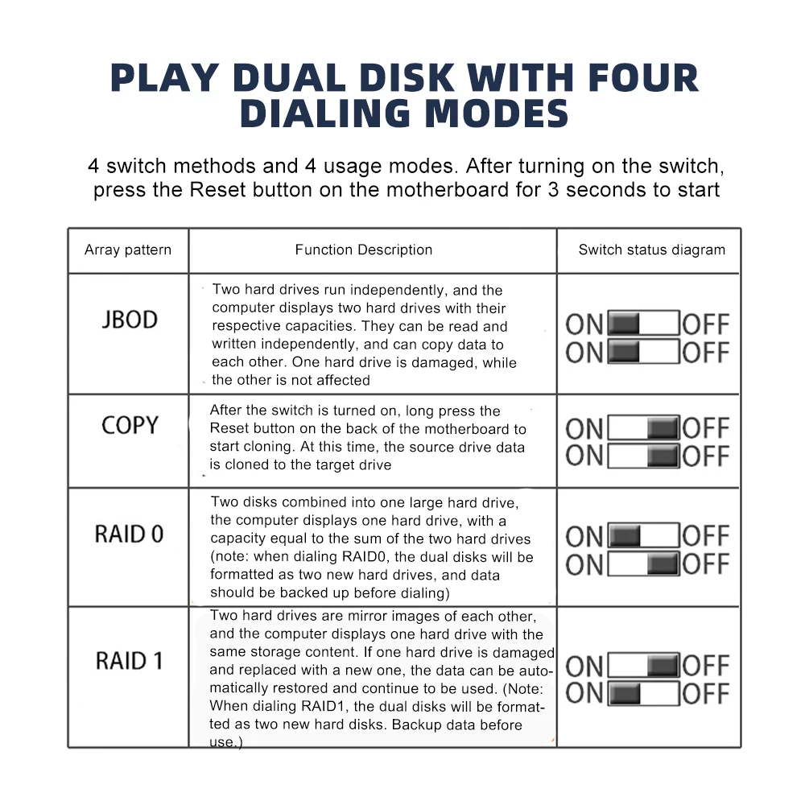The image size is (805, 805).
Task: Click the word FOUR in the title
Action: (x=643, y=78)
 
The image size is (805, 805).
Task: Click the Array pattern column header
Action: (x=128, y=250)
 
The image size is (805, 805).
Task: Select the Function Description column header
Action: (x=364, y=250)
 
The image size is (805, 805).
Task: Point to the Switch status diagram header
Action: (x=651, y=250)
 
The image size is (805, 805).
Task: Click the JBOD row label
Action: (x=130, y=320)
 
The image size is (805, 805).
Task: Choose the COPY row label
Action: (x=130, y=425)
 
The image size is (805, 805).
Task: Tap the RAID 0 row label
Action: (x=130, y=534)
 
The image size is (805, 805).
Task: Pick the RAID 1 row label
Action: (x=130, y=661)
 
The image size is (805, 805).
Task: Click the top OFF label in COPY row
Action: (x=706, y=428)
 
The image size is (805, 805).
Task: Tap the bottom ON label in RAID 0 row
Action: (x=584, y=565)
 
